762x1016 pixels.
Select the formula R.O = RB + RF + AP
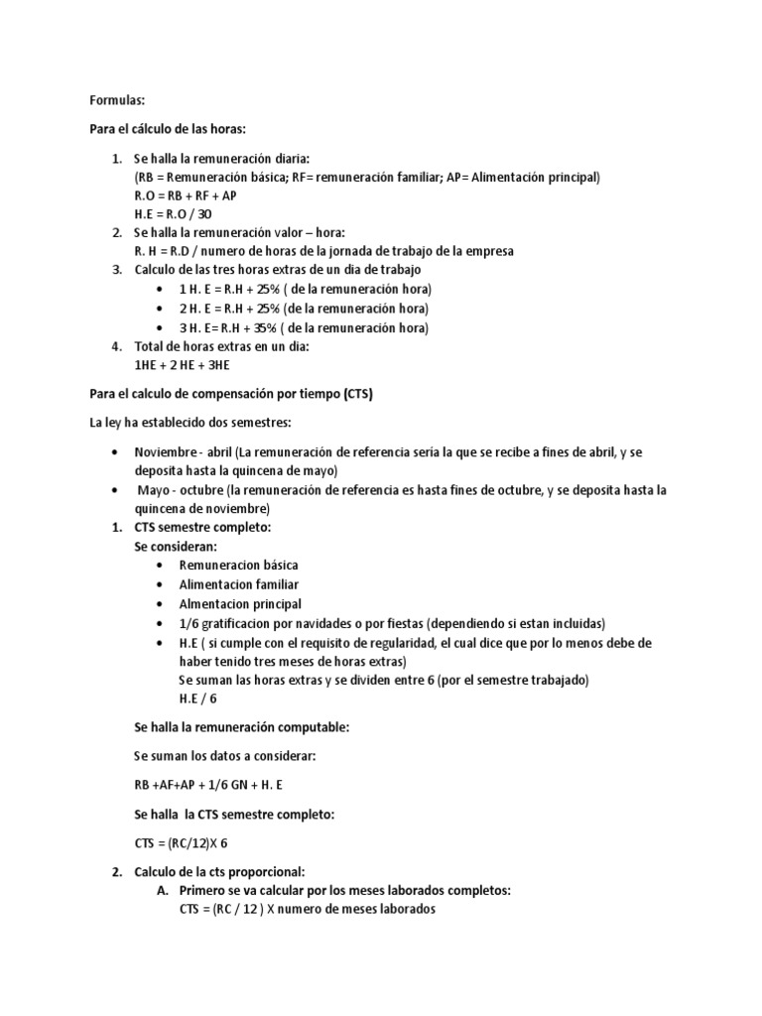(x=186, y=195)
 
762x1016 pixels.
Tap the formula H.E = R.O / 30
(x=173, y=213)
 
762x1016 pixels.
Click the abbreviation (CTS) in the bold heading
(x=355, y=394)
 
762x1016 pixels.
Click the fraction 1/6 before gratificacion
(x=190, y=623)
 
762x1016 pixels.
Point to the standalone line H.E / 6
(x=198, y=698)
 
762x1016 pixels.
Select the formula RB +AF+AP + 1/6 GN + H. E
(x=208, y=785)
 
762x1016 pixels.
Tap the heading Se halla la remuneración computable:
(x=241, y=727)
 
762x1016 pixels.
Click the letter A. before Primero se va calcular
(x=163, y=890)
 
